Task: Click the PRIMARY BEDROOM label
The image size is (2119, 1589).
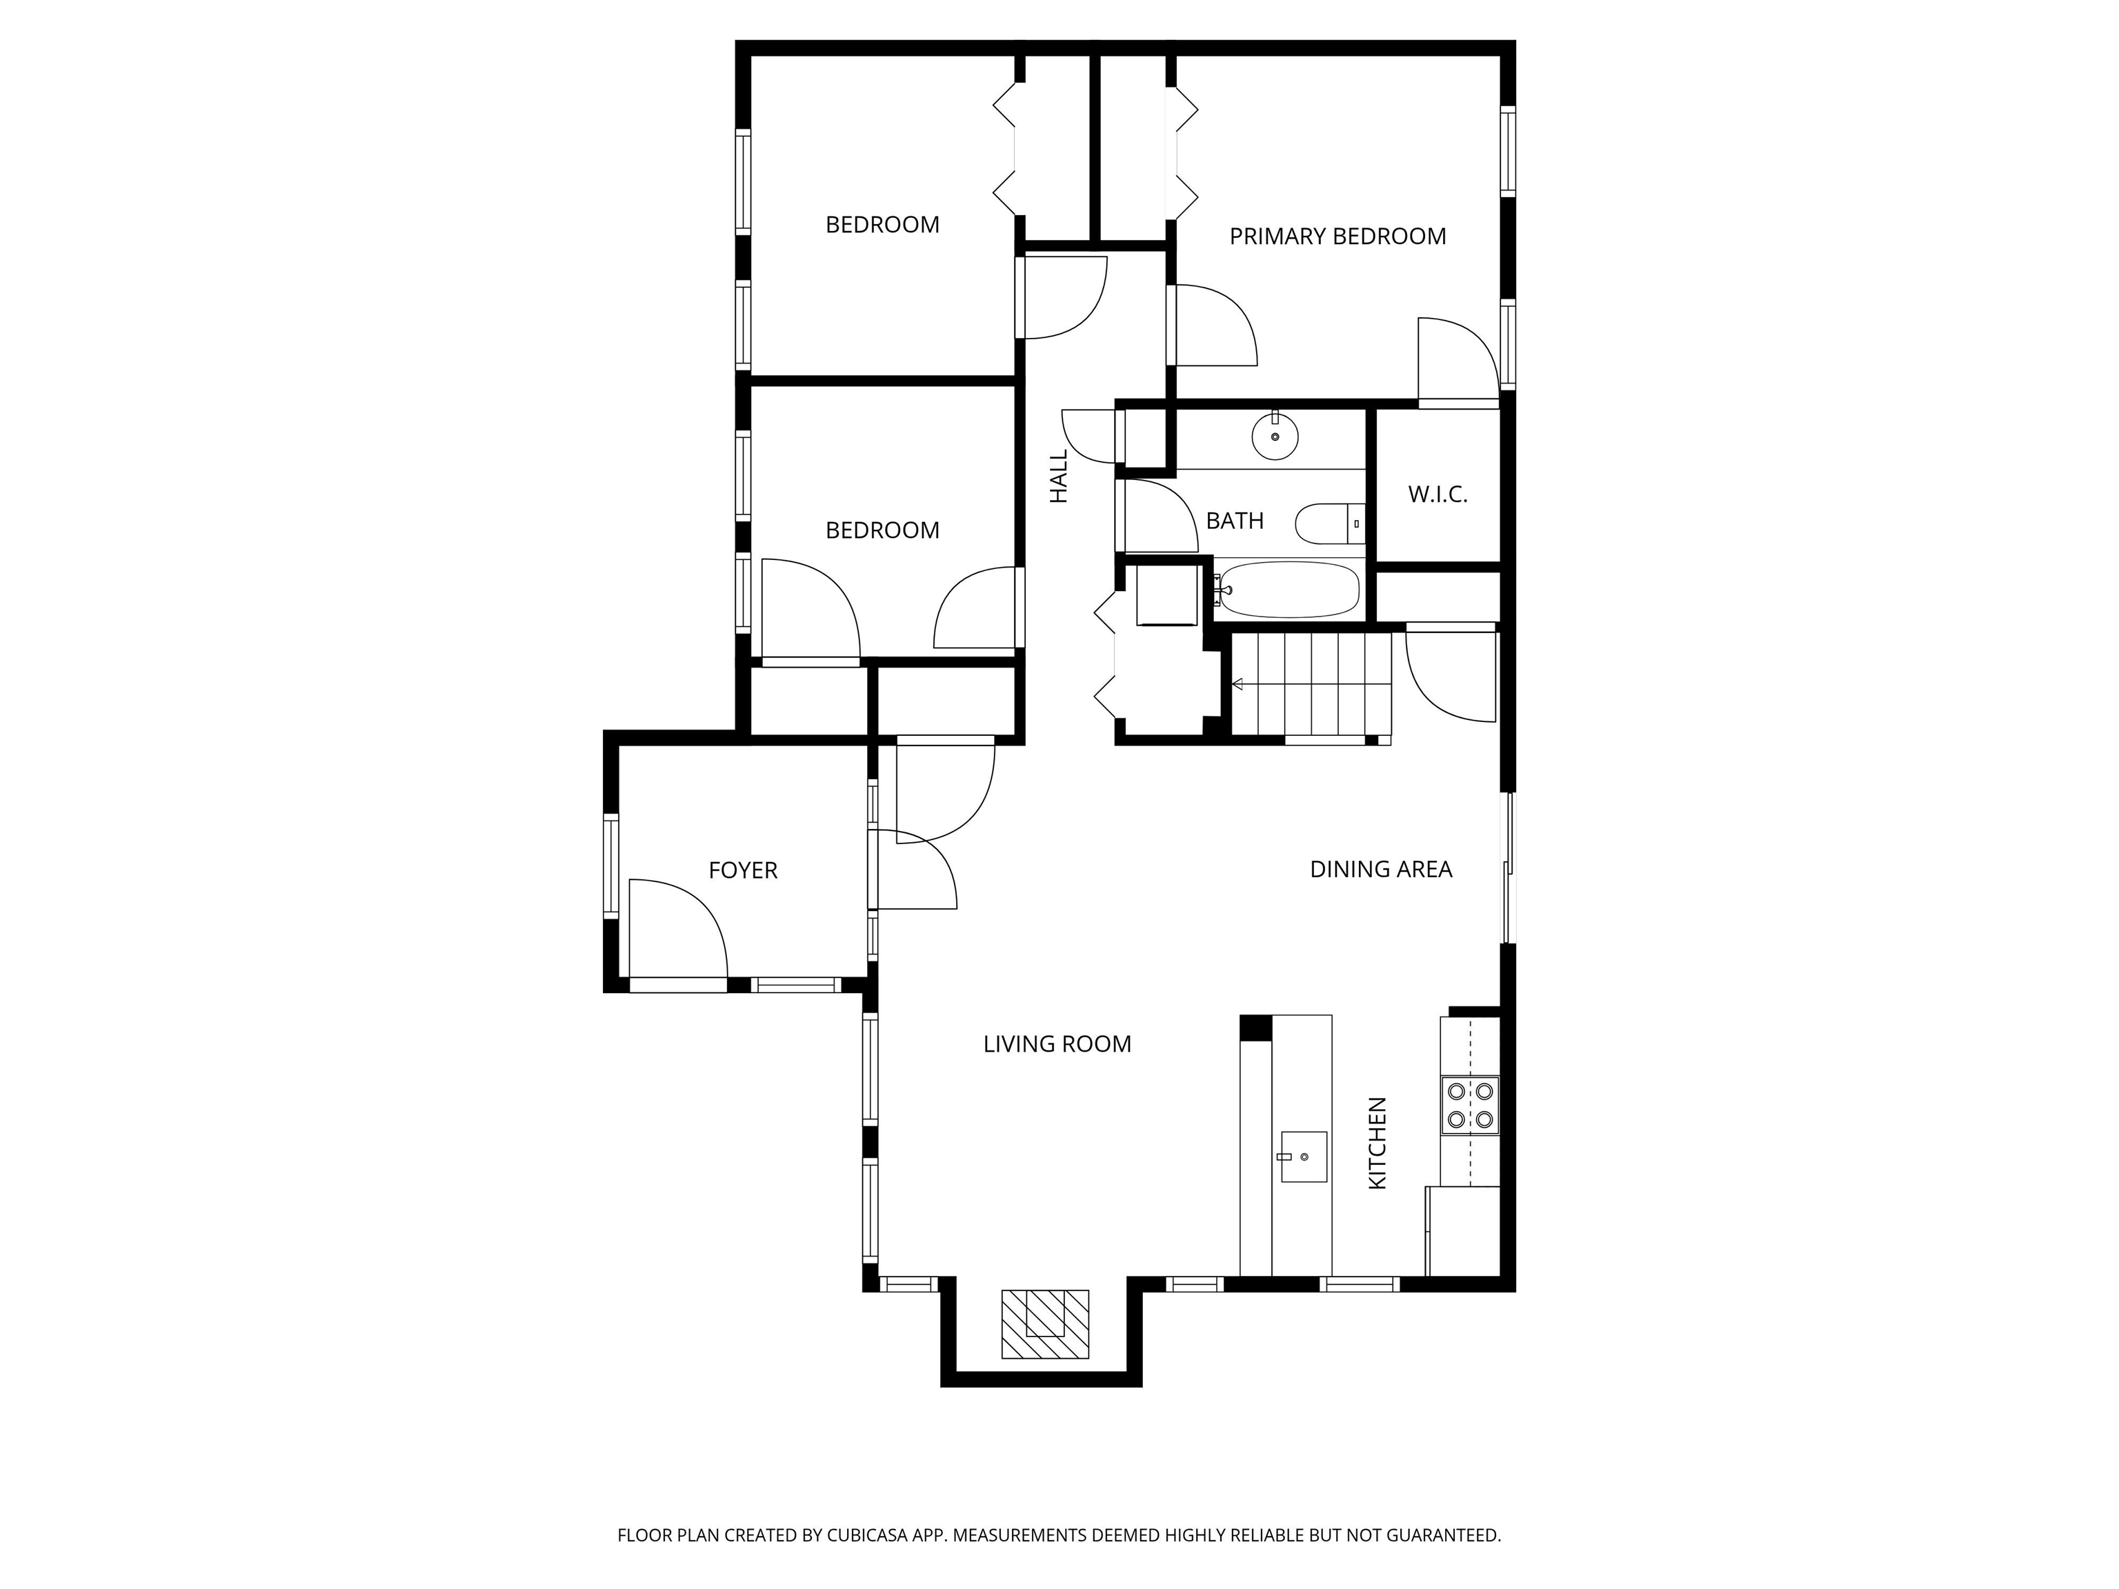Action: pyautogui.click(x=1337, y=237)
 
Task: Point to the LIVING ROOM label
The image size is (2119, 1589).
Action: pyautogui.click(x=1057, y=1044)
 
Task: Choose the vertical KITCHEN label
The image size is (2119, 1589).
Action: pyautogui.click(x=1377, y=1143)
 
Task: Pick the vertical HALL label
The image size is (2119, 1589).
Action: pyautogui.click(x=1059, y=477)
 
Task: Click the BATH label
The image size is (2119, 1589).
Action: pyautogui.click(x=1234, y=521)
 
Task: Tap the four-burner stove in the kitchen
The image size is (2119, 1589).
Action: pyautogui.click(x=1469, y=1106)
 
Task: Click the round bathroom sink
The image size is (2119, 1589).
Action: pyautogui.click(x=1275, y=436)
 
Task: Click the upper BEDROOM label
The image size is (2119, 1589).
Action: pyautogui.click(x=882, y=225)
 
